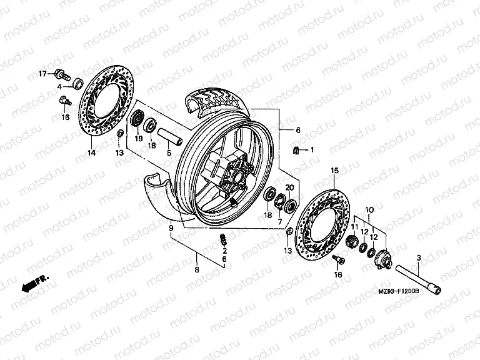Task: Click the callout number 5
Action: (x=168, y=153)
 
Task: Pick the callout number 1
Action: (x=313, y=149)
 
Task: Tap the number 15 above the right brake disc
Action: (x=334, y=170)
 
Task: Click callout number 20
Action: (x=289, y=187)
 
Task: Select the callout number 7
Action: (x=280, y=222)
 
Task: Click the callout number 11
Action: (x=353, y=226)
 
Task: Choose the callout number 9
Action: (x=170, y=229)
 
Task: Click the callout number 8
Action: (x=196, y=270)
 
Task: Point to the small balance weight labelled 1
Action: (x=299, y=149)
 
